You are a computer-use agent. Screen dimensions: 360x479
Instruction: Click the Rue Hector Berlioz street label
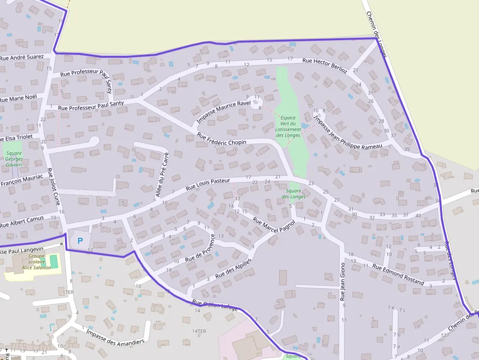325,65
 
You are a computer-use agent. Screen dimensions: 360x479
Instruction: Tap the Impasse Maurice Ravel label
223,112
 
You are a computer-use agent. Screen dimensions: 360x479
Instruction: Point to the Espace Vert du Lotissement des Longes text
288,127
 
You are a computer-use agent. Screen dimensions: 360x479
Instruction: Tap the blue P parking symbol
80,241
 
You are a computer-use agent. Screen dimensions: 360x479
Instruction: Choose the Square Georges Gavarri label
14,159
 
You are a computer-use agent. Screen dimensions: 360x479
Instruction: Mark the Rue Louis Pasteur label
208,184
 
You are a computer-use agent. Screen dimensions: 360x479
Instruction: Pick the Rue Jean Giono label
343,281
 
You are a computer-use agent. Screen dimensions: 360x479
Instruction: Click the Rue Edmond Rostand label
398,274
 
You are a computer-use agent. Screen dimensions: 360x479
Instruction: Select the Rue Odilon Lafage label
215,305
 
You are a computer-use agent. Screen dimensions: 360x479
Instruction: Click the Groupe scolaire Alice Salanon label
33,262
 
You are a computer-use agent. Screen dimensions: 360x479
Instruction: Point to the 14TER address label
199,331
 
